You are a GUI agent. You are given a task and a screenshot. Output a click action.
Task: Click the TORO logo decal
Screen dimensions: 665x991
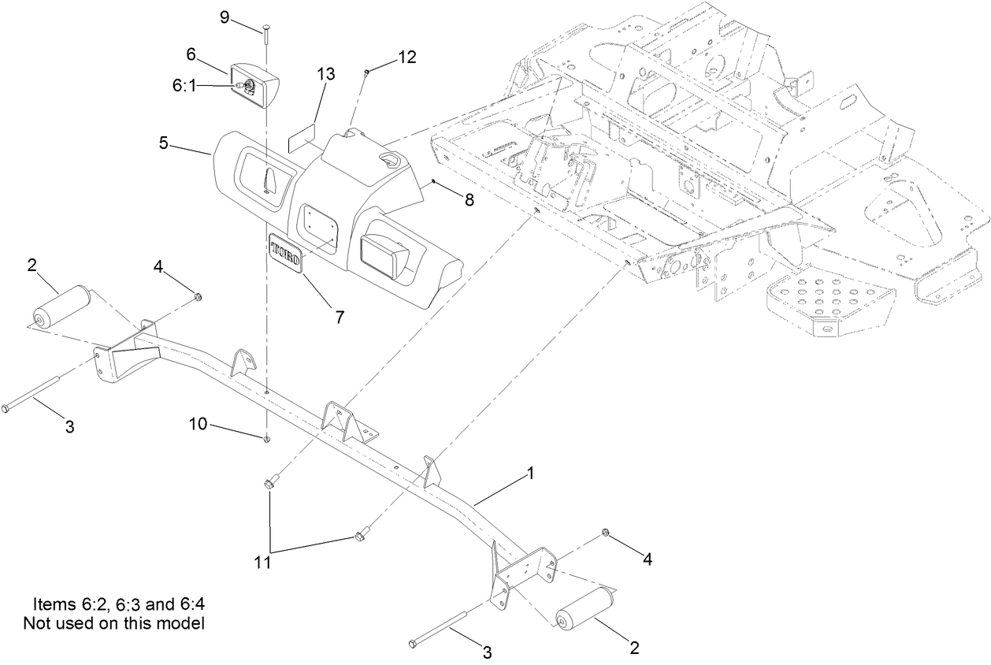click(x=285, y=252)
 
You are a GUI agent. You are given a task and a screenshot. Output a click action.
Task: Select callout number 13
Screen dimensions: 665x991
click(x=325, y=74)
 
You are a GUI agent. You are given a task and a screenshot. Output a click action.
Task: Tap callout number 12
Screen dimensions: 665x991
click(x=406, y=57)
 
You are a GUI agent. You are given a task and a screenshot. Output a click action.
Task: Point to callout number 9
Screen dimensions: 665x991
click(x=225, y=17)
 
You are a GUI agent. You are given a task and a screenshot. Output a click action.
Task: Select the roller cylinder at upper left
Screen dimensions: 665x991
click(x=61, y=306)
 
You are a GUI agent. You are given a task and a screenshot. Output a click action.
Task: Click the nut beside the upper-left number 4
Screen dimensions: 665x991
click(x=197, y=297)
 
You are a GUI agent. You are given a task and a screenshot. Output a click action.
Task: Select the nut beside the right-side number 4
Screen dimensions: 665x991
click(x=605, y=533)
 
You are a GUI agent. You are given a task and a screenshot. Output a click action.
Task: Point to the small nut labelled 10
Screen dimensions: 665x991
click(x=267, y=439)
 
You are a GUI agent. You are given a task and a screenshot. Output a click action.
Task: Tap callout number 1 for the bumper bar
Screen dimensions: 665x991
click(x=530, y=474)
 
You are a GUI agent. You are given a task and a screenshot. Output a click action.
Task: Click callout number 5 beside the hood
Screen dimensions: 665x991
click(x=163, y=143)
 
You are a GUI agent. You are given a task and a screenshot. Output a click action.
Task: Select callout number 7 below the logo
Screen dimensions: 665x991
click(x=340, y=318)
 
